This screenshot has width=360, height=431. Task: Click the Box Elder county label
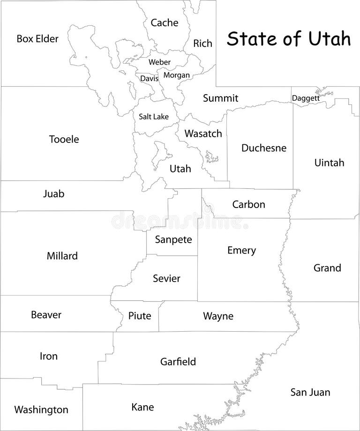click(x=37, y=38)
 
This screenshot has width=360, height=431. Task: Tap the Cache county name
click(x=164, y=22)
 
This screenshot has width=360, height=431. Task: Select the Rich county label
click(x=202, y=44)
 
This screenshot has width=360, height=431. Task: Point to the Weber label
click(x=159, y=62)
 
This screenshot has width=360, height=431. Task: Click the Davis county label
click(x=149, y=79)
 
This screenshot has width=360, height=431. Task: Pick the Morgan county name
click(x=177, y=75)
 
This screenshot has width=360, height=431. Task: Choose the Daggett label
click(x=306, y=98)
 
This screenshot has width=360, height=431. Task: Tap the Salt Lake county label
click(x=153, y=117)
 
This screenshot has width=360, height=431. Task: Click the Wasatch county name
click(x=203, y=134)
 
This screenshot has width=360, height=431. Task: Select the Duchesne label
click(x=263, y=148)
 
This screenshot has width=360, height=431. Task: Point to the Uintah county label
click(x=329, y=163)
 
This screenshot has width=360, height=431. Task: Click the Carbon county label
click(x=248, y=204)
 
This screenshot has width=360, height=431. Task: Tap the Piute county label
click(x=140, y=316)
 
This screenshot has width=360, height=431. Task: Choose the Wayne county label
click(x=218, y=316)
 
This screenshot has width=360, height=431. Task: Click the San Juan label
click(x=310, y=392)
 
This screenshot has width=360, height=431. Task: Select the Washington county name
click(x=41, y=410)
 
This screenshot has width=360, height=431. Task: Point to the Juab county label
click(x=53, y=193)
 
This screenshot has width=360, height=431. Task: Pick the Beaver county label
click(x=46, y=315)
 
